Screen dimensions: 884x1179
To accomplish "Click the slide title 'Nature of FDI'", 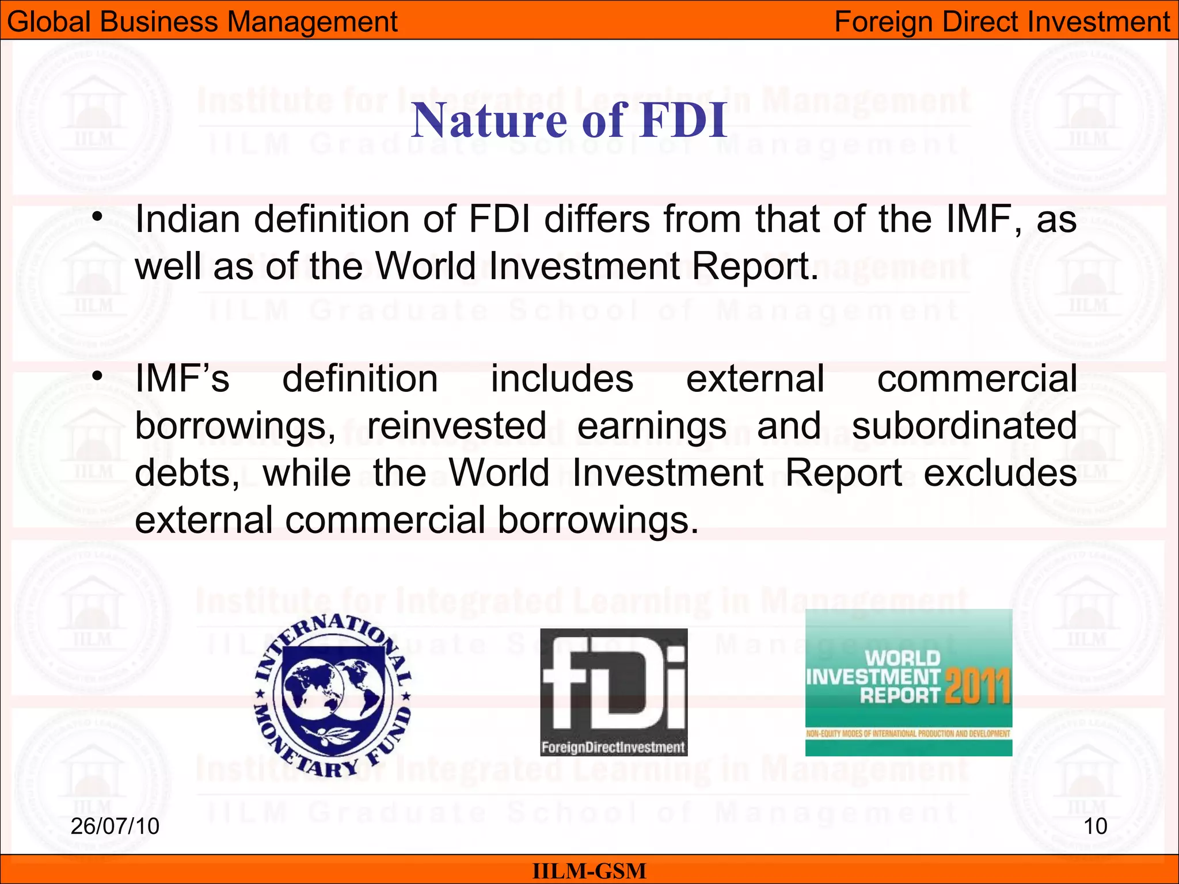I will [569, 120].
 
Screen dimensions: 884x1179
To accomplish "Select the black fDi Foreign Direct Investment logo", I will [614, 692].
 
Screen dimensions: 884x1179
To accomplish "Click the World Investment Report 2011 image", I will [908, 683].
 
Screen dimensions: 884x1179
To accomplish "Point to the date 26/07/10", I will [115, 826].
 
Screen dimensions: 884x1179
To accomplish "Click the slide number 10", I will [1095, 826].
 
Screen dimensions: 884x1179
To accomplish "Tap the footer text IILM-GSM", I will [589, 871].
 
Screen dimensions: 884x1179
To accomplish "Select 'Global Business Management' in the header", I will [202, 22].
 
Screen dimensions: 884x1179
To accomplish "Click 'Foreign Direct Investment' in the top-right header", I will [1002, 22].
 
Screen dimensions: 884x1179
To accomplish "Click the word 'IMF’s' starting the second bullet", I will [182, 379].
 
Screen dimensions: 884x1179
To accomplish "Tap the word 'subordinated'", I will [964, 426].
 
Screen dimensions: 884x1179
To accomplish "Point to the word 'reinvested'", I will [457, 426].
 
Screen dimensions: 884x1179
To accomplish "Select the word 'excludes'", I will [1000, 473].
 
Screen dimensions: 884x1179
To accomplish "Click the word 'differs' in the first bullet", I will [597, 219].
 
